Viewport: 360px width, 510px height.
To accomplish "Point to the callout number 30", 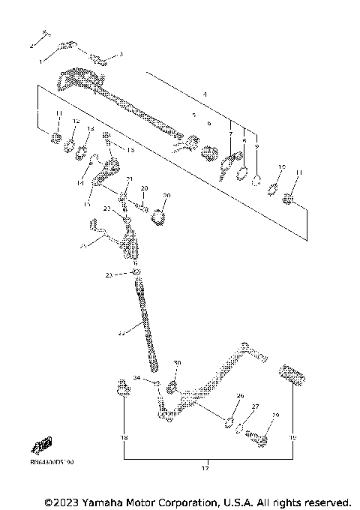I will pos(177,362).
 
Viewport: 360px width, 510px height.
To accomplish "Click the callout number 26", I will pos(240,394).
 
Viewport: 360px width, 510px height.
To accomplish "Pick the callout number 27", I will pos(255,406).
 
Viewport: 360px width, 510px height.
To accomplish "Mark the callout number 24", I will pos(136,377).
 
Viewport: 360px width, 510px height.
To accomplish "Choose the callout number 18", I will pos(124,436).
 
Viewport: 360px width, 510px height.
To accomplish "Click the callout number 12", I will pos(76,120).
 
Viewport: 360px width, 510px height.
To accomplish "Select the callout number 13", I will pos(91,128).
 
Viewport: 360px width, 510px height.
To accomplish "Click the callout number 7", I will pos(230,133).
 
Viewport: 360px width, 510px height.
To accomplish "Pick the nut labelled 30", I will pos(172,387).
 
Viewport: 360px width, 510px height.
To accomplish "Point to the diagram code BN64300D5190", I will pos(52,463).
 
